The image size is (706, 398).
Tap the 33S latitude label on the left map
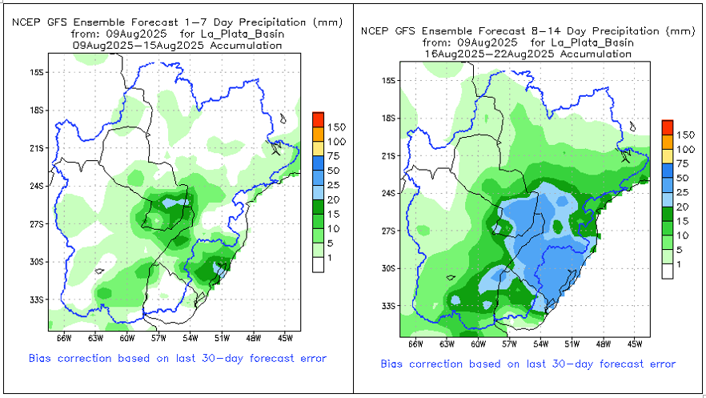[x=35, y=300]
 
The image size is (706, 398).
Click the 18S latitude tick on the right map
[x=399, y=119]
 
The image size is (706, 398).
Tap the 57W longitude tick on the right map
[x=510, y=336]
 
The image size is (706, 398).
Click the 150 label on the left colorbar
[x=335, y=127]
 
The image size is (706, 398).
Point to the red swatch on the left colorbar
[x=318, y=119]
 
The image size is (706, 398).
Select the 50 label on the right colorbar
[x=682, y=178]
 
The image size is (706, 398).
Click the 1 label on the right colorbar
[x=679, y=264]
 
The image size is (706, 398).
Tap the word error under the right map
[x=660, y=364]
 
